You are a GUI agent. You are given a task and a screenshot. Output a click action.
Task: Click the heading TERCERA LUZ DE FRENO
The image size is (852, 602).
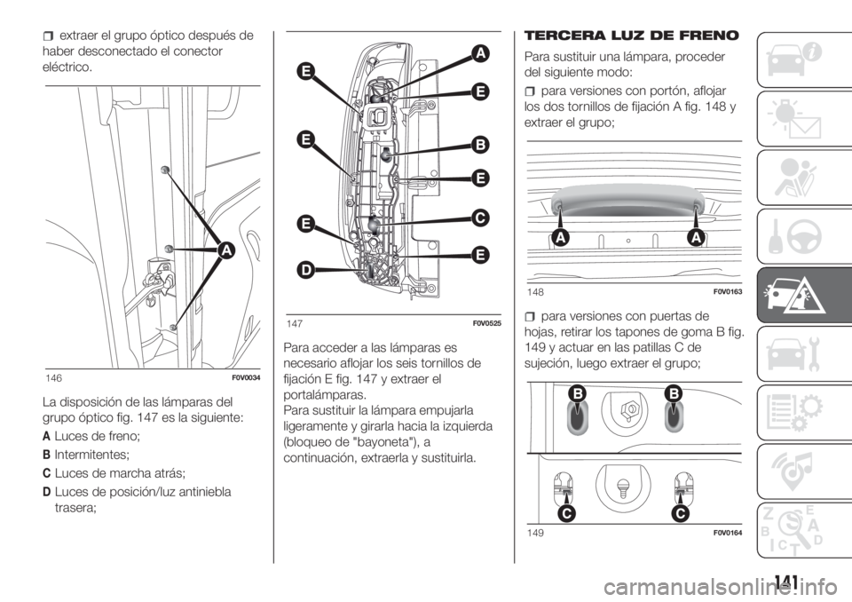pos(631,36)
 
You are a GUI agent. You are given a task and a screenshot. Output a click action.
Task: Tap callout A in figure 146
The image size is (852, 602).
pos(225,250)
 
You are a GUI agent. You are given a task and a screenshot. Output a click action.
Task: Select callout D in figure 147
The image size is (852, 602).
pos(306,270)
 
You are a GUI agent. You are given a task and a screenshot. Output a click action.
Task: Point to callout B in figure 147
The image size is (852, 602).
pos(480,146)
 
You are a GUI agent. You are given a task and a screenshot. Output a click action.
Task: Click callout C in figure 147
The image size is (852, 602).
pos(480,218)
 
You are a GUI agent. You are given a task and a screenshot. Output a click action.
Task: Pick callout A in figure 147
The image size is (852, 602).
pos(480,53)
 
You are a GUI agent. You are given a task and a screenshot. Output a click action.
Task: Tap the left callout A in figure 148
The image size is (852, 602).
pos(560,238)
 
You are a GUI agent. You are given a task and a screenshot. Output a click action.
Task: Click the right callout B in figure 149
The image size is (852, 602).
pos(674,393)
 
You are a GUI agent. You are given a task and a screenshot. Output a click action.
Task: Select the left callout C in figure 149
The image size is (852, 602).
pos(566,513)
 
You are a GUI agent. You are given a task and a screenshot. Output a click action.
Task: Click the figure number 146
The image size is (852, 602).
pos(54,378)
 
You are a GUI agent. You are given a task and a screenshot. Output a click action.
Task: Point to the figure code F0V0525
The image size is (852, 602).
pos(486,323)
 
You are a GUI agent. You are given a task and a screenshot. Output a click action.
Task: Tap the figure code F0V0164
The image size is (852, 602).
pos(728,533)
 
